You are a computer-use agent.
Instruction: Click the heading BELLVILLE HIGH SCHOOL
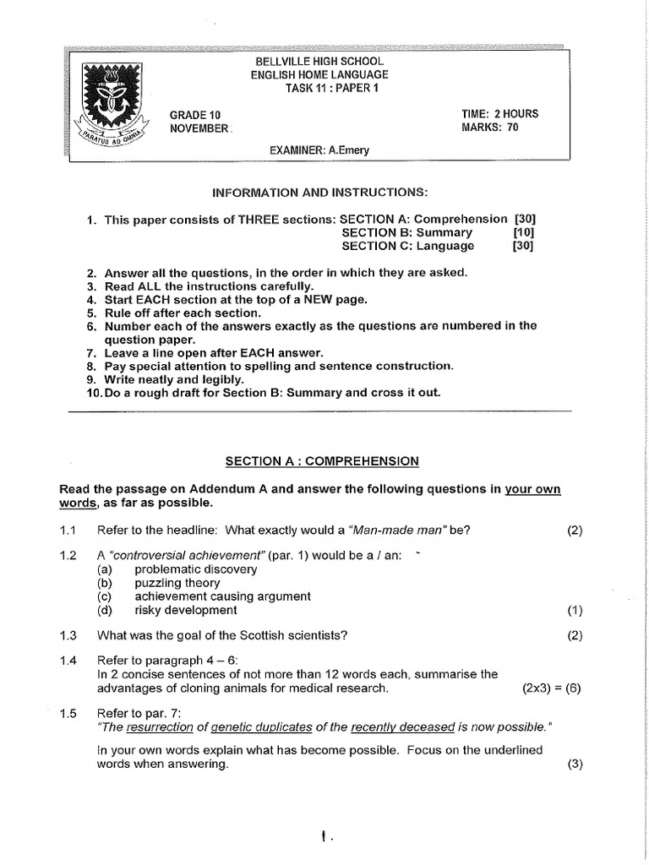pos(319,62)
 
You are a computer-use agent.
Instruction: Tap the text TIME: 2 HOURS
pos(499,114)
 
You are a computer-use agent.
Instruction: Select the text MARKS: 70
pos(490,128)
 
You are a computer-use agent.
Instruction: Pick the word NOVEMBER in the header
pos(199,128)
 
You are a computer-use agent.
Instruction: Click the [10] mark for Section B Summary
pos(523,232)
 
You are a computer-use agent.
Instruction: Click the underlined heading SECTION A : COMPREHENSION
pos(321,461)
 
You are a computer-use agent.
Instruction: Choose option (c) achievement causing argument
pos(222,596)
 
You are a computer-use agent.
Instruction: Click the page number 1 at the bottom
pos(324,837)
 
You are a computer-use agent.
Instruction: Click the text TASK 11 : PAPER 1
pos(319,89)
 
